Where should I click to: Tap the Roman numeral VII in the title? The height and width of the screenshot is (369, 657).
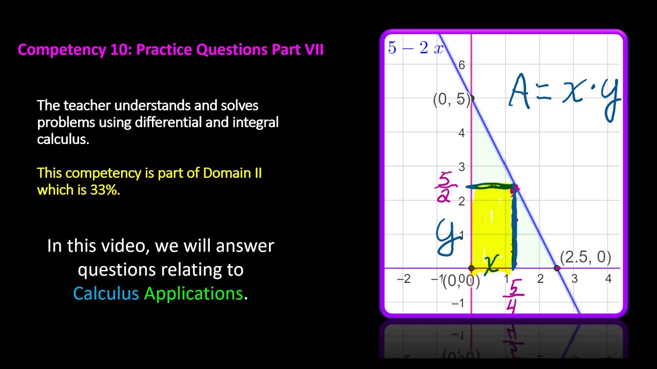coord(312,50)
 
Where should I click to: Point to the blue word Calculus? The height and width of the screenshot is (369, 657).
coord(106,293)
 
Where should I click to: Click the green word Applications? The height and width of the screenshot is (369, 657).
coord(193,293)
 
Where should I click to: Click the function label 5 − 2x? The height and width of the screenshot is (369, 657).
coord(415,48)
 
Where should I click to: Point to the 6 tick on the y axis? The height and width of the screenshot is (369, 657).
coord(461,65)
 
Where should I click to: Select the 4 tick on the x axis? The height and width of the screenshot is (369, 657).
coord(608,279)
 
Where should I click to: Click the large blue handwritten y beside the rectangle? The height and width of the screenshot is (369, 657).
coord(447,237)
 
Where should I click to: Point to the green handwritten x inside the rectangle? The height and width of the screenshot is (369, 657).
coord(491,264)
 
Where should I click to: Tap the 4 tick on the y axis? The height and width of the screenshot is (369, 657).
coord(461,133)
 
